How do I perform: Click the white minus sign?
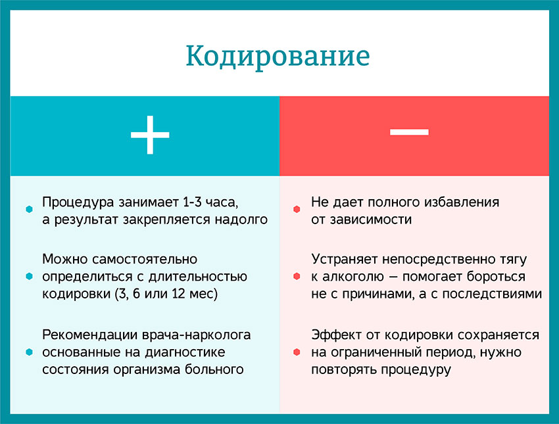[x=409, y=131]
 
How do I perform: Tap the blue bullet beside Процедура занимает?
[x=29, y=210]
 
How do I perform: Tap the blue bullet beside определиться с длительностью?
[x=29, y=277]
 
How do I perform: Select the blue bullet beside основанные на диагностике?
[x=29, y=352]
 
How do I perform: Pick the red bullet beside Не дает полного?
[x=297, y=210]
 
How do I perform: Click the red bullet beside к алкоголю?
[x=297, y=277]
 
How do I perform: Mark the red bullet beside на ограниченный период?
[x=297, y=352]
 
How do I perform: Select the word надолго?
[x=241, y=220]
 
